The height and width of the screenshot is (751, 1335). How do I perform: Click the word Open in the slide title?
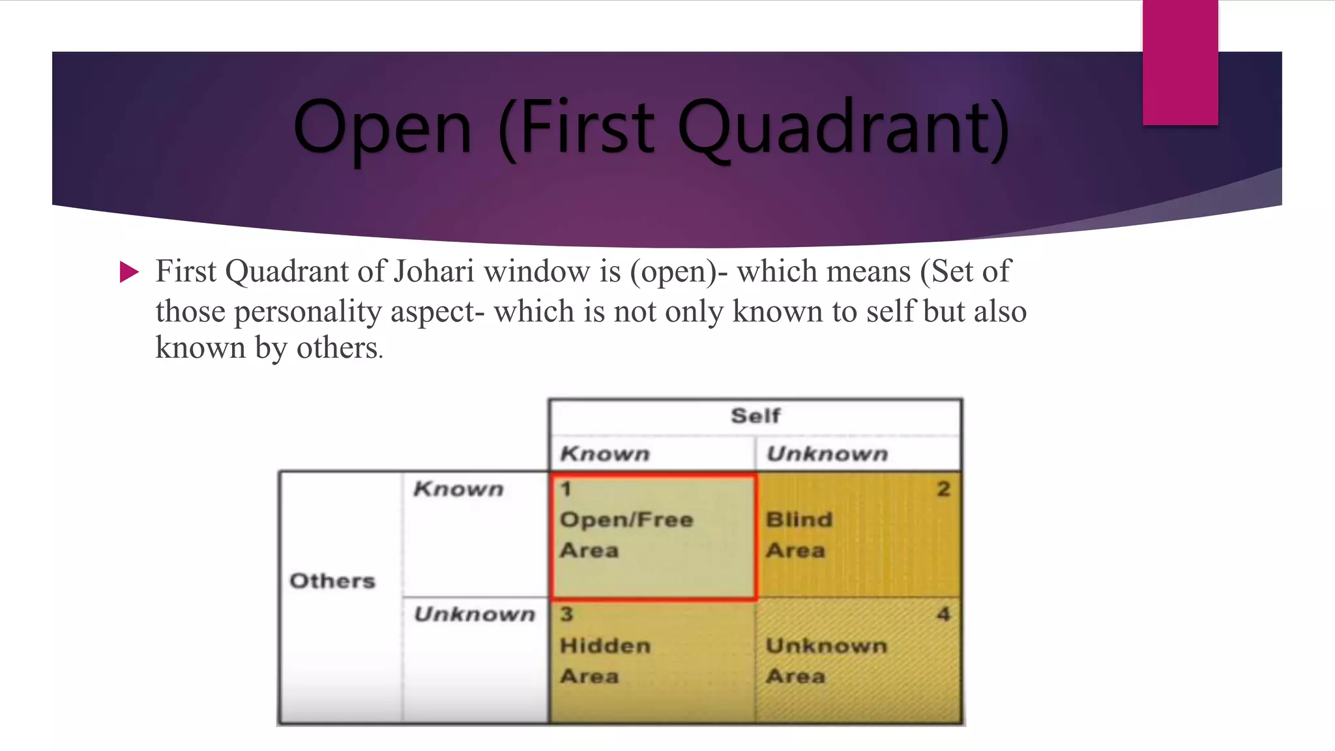pyautogui.click(x=383, y=129)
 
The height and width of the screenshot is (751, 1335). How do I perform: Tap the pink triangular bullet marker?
pyautogui.click(x=129, y=272)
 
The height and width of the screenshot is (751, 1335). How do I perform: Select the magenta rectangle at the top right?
pyautogui.click(x=1180, y=62)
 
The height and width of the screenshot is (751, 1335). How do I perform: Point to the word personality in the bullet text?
pyautogui.click(x=308, y=312)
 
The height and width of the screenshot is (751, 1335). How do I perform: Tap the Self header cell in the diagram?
pyautogui.click(x=756, y=416)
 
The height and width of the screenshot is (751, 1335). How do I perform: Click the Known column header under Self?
pyautogui.click(x=605, y=454)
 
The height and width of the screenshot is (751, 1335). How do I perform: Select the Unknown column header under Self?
pyautogui.click(x=827, y=454)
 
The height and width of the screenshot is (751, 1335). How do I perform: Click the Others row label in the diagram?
pyautogui.click(x=332, y=581)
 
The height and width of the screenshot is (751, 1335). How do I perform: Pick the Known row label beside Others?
pyautogui.click(x=458, y=489)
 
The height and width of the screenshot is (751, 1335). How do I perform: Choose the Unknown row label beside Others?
pyautogui.click(x=475, y=614)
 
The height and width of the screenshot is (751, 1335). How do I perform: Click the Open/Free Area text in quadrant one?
pyautogui.click(x=626, y=535)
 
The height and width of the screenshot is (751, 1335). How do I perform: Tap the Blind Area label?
pyautogui.click(x=799, y=535)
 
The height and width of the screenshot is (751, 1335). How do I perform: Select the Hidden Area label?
pyautogui.click(x=605, y=660)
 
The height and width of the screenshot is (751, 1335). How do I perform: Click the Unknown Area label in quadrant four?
pyautogui.click(x=827, y=660)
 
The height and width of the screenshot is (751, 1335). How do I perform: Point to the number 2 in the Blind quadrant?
pyautogui.click(x=943, y=489)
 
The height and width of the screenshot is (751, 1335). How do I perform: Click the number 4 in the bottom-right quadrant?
pyautogui.click(x=943, y=614)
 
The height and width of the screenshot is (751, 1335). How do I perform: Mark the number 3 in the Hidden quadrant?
pyautogui.click(x=566, y=614)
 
